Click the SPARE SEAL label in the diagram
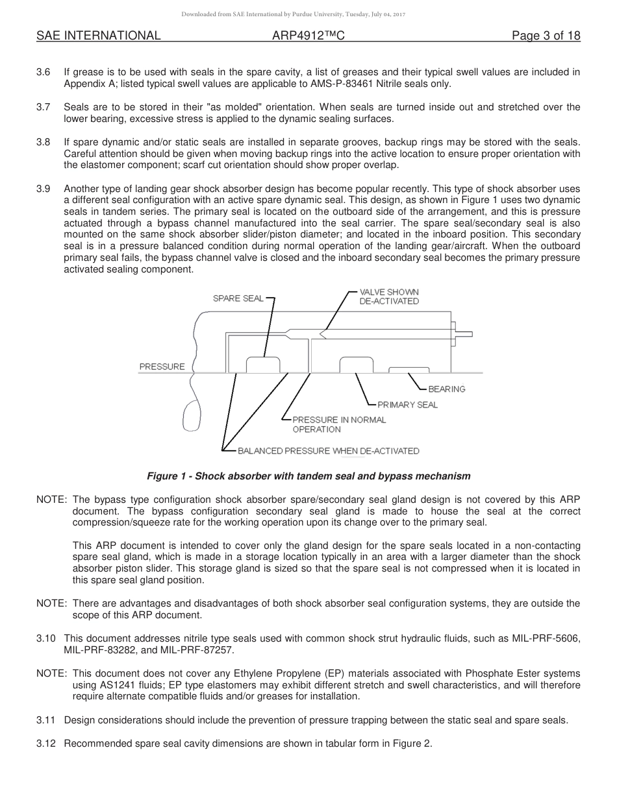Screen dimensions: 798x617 pyautogui.click(x=238, y=298)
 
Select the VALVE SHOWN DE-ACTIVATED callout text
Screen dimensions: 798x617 pyautogui.click(x=389, y=296)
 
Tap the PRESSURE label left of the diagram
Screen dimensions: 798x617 pyautogui.click(x=162, y=367)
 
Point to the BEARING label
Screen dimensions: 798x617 pyautogui.click(x=447, y=389)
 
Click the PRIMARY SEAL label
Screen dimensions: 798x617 pyautogui.click(x=407, y=405)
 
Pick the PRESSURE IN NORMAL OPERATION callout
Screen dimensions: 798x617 pyautogui.click(x=338, y=424)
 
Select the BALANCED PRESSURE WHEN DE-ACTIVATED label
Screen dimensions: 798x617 pyautogui.click(x=328, y=451)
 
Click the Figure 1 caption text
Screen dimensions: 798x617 pyautogui.click(x=308, y=476)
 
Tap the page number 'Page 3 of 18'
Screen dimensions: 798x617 pyautogui.click(x=546, y=36)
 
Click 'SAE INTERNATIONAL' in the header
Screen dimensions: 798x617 pyautogui.click(x=98, y=36)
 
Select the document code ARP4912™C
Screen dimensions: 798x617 pyautogui.click(x=308, y=36)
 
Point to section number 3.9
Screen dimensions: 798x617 pyautogui.click(x=44, y=189)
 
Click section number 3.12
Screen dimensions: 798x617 pyautogui.click(x=46, y=744)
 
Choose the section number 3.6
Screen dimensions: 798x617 pyautogui.click(x=44, y=72)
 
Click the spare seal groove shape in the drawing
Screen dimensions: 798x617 pyautogui.click(x=263, y=365)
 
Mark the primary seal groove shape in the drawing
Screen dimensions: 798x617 pyautogui.click(x=356, y=365)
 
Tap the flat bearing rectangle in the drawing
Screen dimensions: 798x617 pyautogui.click(x=408, y=370)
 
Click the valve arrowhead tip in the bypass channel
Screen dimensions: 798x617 pyautogui.click(x=320, y=334)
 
